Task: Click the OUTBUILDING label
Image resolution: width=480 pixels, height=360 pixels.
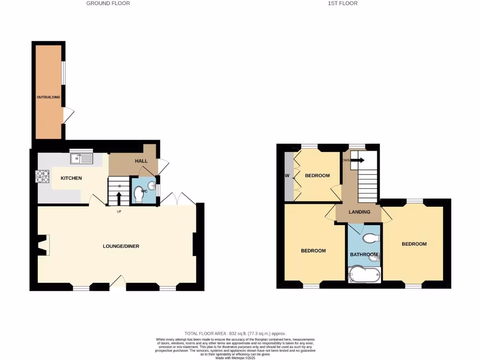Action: [49, 97]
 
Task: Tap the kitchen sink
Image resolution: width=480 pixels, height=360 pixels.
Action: [82, 158]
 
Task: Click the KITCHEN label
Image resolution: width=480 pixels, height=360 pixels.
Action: [71, 178]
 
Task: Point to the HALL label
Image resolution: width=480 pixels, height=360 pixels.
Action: [141, 161]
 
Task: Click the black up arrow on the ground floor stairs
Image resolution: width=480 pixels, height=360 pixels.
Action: [119, 197]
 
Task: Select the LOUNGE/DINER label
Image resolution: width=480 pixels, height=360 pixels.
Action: [121, 246]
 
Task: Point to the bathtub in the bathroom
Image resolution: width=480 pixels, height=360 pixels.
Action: [364, 275]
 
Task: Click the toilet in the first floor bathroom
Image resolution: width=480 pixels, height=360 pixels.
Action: [371, 238]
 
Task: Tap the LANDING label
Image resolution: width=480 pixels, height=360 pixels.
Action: [360, 212]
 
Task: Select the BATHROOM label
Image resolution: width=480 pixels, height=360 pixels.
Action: [364, 255]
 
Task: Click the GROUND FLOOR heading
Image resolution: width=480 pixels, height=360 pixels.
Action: [108, 3]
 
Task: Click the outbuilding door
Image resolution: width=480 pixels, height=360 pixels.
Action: [68, 115]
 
